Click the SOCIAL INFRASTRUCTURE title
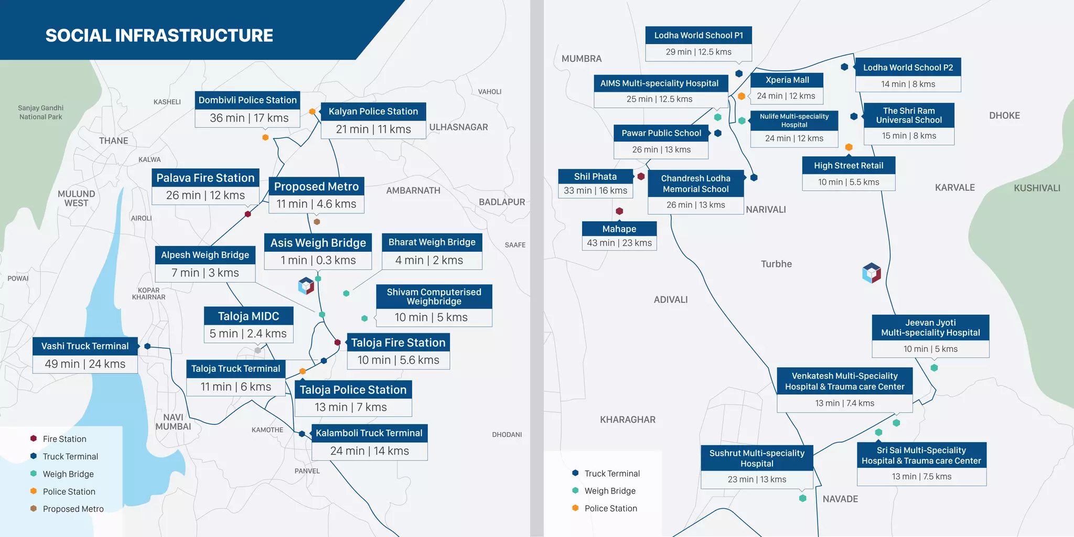coord(159,36)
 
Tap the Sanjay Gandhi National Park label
coord(40,112)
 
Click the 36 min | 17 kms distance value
coord(249,118)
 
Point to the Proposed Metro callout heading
coord(316,187)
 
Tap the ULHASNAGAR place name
coord(458,127)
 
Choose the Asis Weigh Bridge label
coord(318,243)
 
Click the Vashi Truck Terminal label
coord(85,346)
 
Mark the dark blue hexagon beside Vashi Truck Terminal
coord(147,346)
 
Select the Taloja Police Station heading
coord(353,390)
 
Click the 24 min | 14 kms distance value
coord(369,451)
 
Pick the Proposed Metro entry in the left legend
coord(73,509)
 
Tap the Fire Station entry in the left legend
coord(65,439)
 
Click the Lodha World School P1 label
coord(699,36)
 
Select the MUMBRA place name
coord(582,59)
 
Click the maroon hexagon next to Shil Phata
coord(641,176)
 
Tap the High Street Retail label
coord(849,166)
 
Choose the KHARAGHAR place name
coord(628,420)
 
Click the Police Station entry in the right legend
coord(610,508)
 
